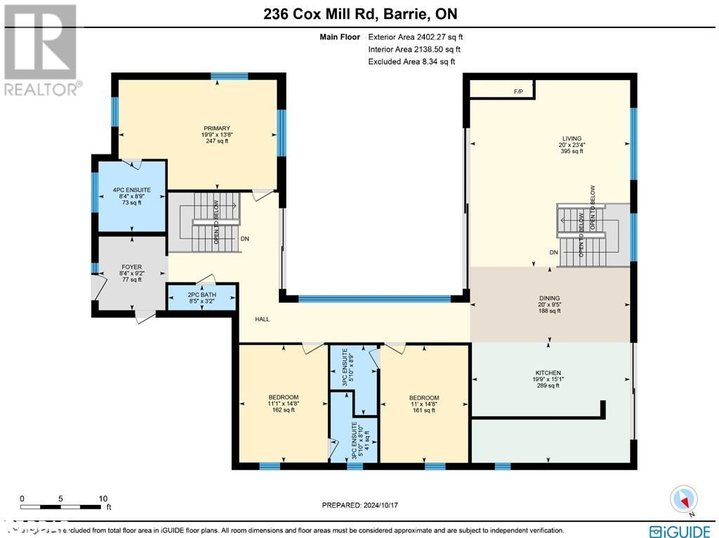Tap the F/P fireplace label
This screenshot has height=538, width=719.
tap(519, 91)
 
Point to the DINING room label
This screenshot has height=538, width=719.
tap(550, 298)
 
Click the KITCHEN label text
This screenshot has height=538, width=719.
tap(548, 373)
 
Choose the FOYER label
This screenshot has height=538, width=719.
tap(131, 267)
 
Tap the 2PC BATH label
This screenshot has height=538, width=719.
tap(202, 295)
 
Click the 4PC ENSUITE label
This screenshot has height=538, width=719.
tap(131, 190)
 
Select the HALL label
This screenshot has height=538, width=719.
tap(263, 320)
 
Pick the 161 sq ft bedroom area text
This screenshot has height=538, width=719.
tap(424, 410)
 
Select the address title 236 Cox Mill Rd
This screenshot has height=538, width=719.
tap(359, 14)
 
